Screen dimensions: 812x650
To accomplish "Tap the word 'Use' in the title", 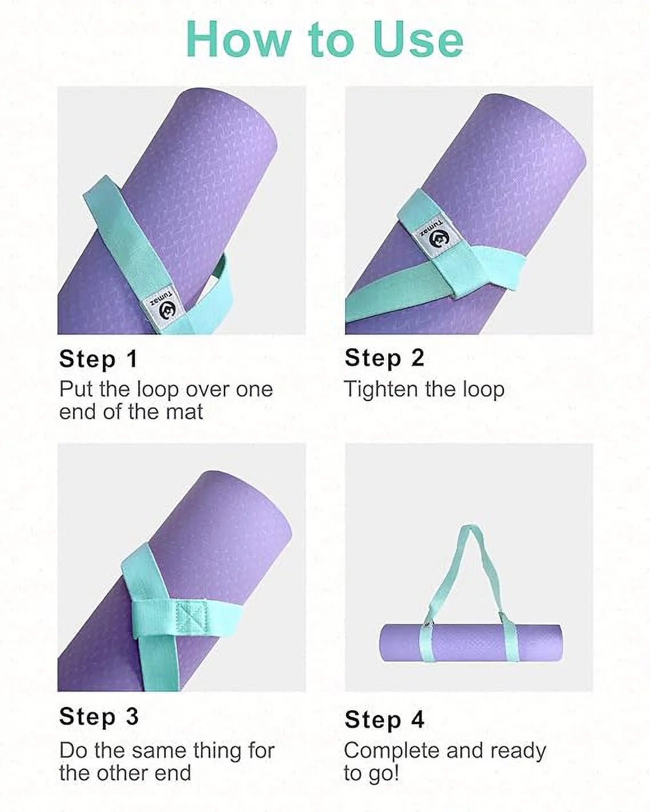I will click(418, 40).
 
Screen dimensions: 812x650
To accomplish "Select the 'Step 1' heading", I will click(98, 359).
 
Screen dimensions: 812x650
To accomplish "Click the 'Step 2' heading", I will click(384, 358).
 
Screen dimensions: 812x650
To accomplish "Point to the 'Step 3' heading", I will click(99, 716).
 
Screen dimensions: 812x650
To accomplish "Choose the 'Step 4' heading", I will click(384, 719).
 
